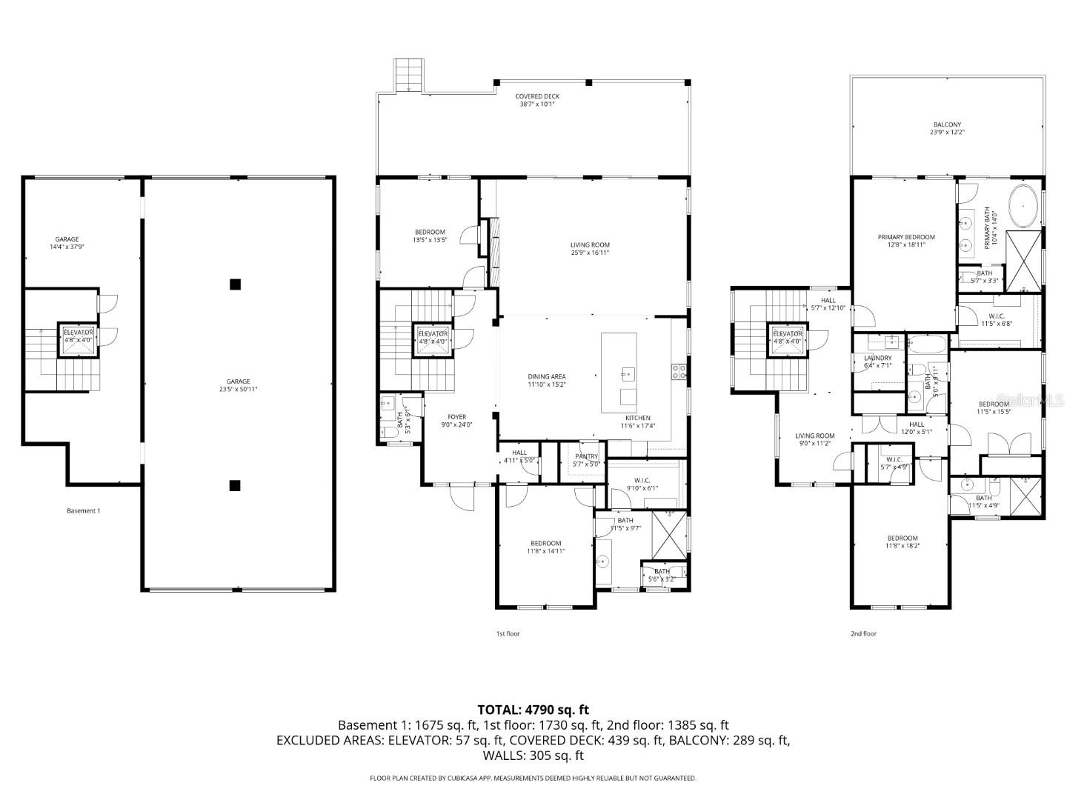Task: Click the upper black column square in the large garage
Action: coord(235,284)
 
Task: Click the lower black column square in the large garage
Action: coord(235,486)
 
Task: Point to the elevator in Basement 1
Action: coord(78,338)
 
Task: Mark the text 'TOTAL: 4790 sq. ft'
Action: coord(533,710)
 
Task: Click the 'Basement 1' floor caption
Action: coord(83,510)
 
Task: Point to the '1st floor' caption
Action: coord(508,633)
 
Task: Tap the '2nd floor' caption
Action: coord(863,633)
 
